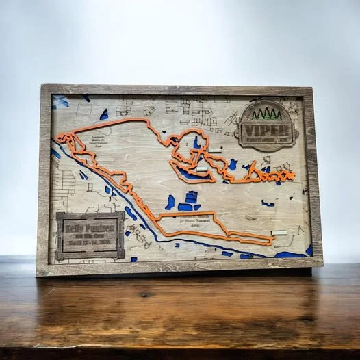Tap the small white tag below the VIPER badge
tap(216, 150)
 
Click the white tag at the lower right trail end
tap(279, 233)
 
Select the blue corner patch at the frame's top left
tap(60, 101)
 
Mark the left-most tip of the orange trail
tap(57, 136)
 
